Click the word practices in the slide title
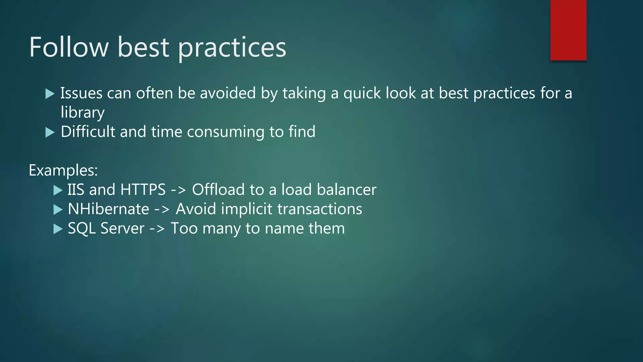[232, 48]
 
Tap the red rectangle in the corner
[568, 30]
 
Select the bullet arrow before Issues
[50, 94]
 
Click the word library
[83, 112]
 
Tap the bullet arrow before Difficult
[50, 132]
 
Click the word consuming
[226, 132]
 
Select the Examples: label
[63, 170]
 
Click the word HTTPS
[143, 190]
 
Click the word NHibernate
[108, 209]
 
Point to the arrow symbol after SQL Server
[157, 229]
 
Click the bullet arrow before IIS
[58, 190]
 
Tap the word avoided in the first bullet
[228, 93]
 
